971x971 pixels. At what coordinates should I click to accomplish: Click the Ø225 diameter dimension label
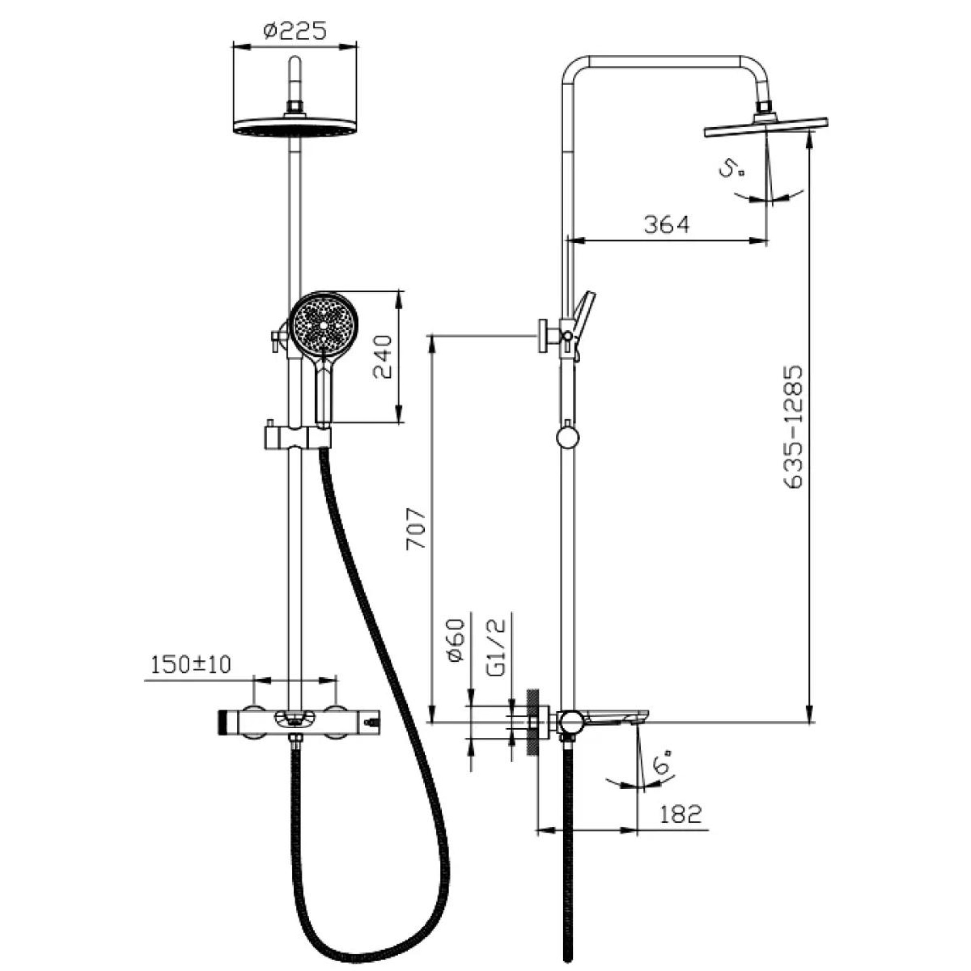click(x=295, y=31)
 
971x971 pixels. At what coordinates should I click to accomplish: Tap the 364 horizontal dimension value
click(x=667, y=224)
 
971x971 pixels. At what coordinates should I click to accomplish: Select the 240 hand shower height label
click(x=383, y=357)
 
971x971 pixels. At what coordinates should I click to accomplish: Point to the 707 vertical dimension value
click(x=416, y=529)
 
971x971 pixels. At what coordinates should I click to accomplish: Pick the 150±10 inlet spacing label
click(x=190, y=665)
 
